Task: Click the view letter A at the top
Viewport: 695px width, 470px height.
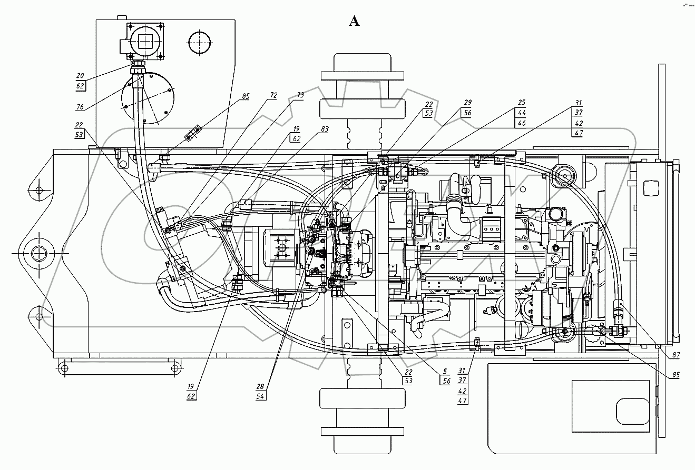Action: pyautogui.click(x=354, y=21)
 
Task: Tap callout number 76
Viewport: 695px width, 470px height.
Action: pyautogui.click(x=80, y=107)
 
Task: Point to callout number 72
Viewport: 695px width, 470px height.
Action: pyautogui.click(x=273, y=95)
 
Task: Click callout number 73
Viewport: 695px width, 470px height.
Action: pyautogui.click(x=300, y=95)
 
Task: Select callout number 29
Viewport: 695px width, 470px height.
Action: pyautogui.click(x=467, y=103)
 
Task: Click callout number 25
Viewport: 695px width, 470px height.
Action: pyautogui.click(x=522, y=103)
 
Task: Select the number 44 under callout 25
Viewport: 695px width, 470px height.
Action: pyautogui.click(x=522, y=113)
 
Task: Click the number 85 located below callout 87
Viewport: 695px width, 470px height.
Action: pyautogui.click(x=676, y=375)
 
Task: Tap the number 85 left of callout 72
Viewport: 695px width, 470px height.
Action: pyautogui.click(x=246, y=96)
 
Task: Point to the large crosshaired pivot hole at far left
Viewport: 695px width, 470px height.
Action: pyautogui.click(x=39, y=254)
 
